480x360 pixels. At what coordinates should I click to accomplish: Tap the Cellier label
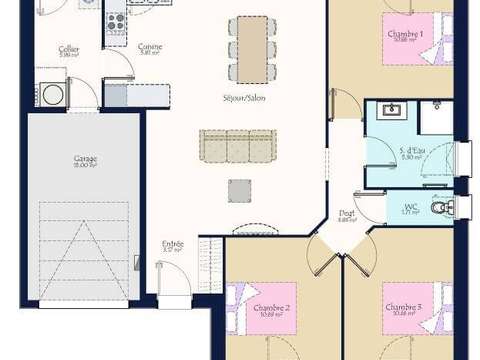[x=69, y=49]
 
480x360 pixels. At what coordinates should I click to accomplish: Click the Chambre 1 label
[x=406, y=34]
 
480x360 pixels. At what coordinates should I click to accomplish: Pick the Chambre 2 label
[x=271, y=307]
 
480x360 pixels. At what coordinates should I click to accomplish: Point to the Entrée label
[x=173, y=244]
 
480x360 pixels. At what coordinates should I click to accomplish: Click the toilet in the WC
[x=441, y=208]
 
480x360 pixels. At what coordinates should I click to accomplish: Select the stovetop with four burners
[x=114, y=19]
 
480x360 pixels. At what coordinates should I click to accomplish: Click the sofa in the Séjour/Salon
[x=237, y=146]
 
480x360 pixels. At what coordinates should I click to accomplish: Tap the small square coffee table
[x=239, y=190]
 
